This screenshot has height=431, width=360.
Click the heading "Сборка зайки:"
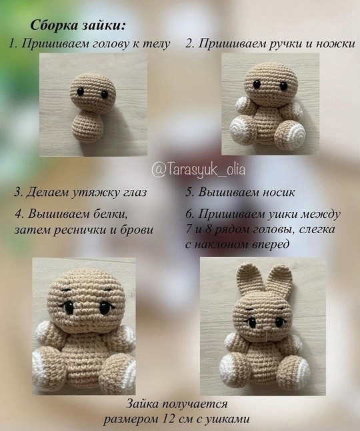(79, 25)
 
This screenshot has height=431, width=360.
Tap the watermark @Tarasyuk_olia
(198, 169)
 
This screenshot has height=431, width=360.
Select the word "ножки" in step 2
(335, 44)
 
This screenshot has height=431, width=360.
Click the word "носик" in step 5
(278, 192)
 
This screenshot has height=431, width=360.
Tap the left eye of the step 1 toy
(81, 91)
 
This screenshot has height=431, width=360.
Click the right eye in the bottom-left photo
(105, 308)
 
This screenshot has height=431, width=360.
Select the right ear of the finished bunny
(281, 281)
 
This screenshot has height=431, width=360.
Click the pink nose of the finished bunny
(266, 328)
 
